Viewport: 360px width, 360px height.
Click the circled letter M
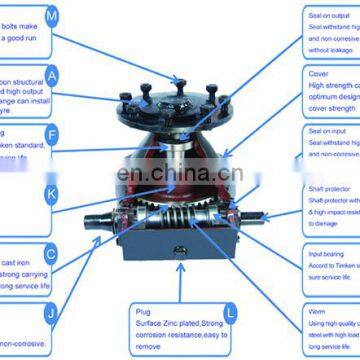tap(52, 15)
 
